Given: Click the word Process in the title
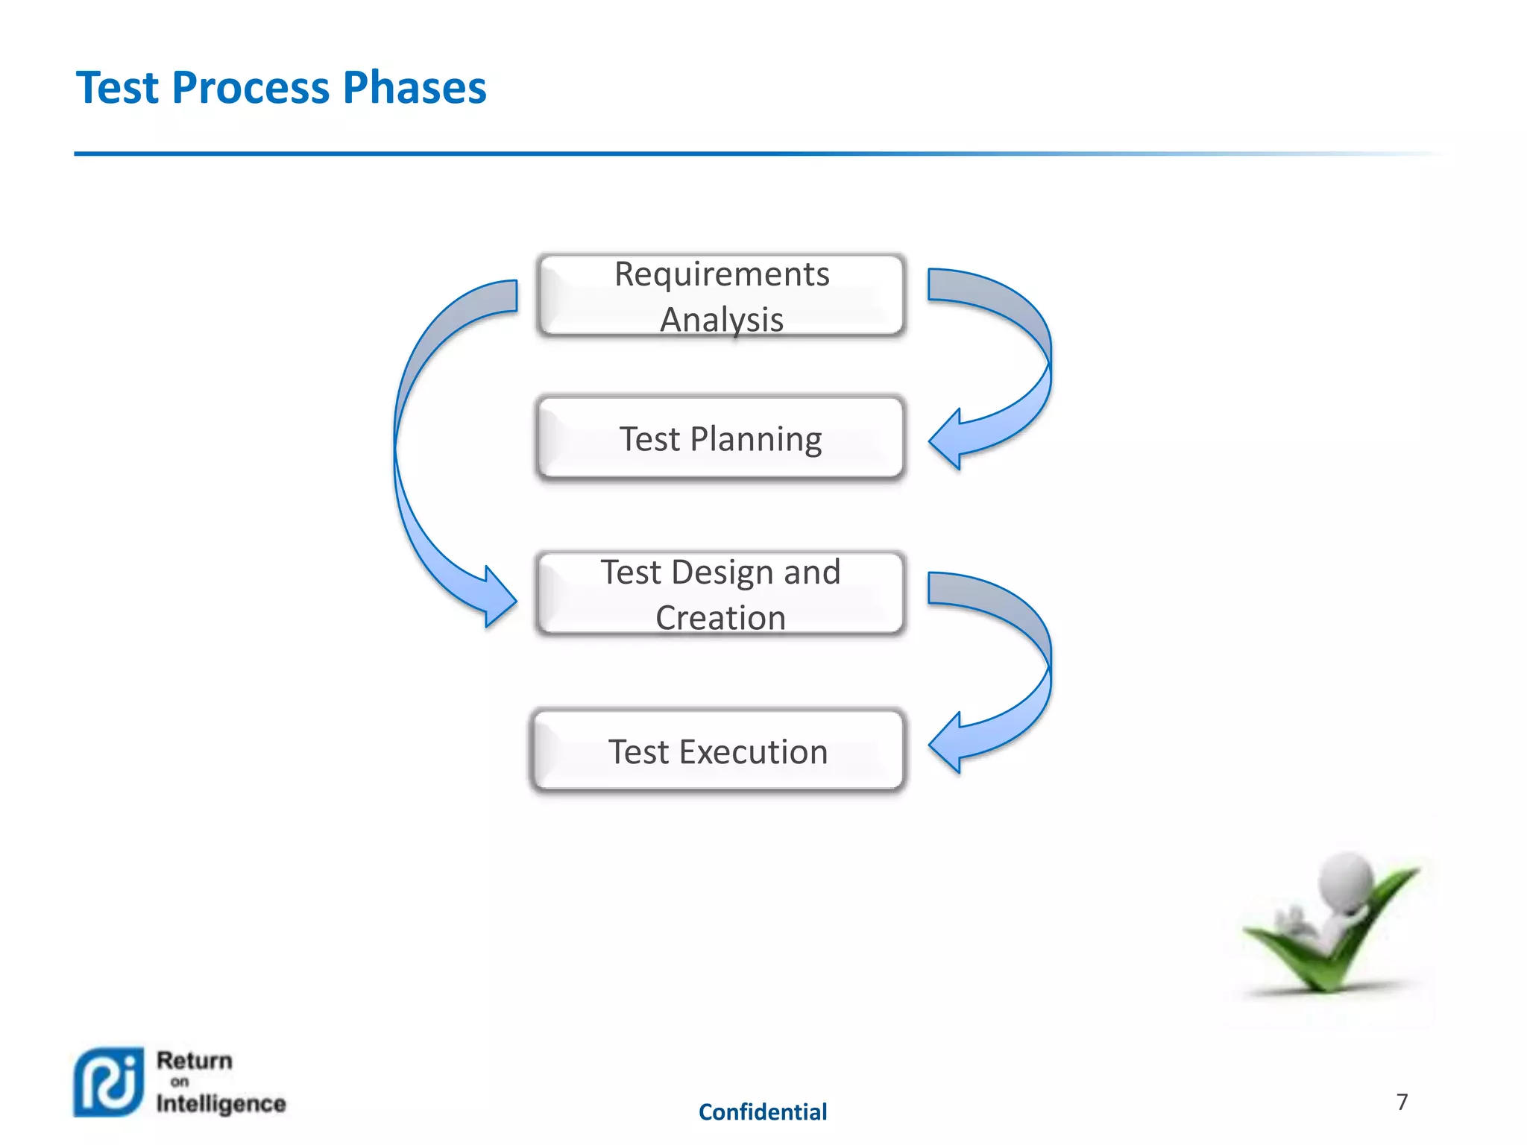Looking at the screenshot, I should click(x=251, y=88).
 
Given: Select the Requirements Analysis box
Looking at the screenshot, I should click(x=720, y=296).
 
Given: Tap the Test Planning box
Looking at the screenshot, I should click(x=720, y=438).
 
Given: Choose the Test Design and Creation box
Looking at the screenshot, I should click(x=720, y=594).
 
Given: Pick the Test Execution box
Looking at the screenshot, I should click(x=717, y=751).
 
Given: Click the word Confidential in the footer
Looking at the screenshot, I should click(x=762, y=1112).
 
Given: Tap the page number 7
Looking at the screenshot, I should click(x=1402, y=1102).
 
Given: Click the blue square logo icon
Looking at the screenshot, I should click(x=109, y=1082).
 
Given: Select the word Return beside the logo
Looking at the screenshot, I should click(x=195, y=1061).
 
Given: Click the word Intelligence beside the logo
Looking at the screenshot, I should click(x=221, y=1103).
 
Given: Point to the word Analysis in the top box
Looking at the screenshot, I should click(x=721, y=320).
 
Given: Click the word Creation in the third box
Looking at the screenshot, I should click(x=720, y=618).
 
